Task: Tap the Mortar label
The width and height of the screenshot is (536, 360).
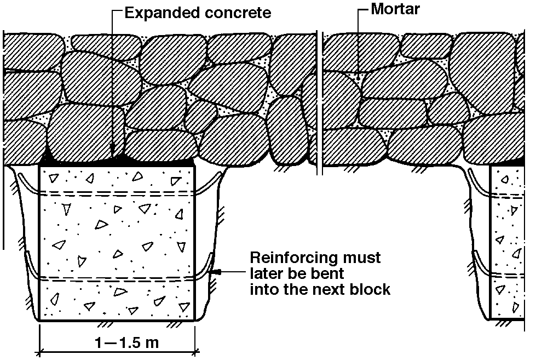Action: pos(395,9)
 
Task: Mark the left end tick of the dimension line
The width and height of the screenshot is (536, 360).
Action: pos(39,351)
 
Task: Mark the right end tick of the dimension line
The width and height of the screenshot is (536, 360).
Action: pos(197,351)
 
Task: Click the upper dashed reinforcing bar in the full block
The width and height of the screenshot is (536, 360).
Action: pos(117,193)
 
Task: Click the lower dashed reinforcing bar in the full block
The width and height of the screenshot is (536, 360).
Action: pos(117,278)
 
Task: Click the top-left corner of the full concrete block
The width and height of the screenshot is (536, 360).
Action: pos(39,165)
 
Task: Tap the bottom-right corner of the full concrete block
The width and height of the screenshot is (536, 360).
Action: pos(196,320)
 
